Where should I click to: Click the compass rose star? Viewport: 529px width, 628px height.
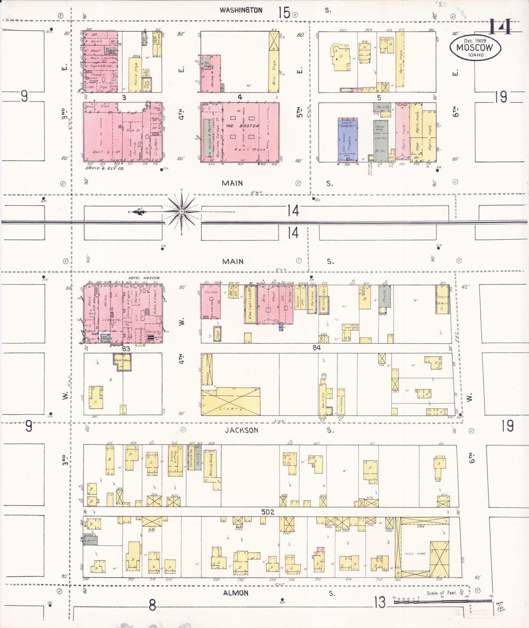point(182,212)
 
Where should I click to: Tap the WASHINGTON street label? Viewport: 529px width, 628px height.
point(241,10)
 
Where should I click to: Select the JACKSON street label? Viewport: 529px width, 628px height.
point(241,430)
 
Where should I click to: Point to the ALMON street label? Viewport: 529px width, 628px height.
point(236,593)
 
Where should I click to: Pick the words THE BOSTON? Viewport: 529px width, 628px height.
point(242,126)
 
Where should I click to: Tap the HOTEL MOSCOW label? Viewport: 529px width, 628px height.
point(144,278)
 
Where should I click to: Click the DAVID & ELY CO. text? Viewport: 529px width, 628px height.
point(105,169)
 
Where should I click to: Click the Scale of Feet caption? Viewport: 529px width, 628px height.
point(441,593)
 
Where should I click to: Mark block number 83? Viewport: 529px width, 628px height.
point(126,348)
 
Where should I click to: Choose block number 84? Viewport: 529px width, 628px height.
point(316,348)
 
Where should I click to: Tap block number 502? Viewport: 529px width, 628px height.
point(268,512)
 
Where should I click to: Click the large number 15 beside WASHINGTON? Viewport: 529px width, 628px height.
point(284,13)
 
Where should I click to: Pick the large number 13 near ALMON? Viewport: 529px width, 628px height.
point(380,602)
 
